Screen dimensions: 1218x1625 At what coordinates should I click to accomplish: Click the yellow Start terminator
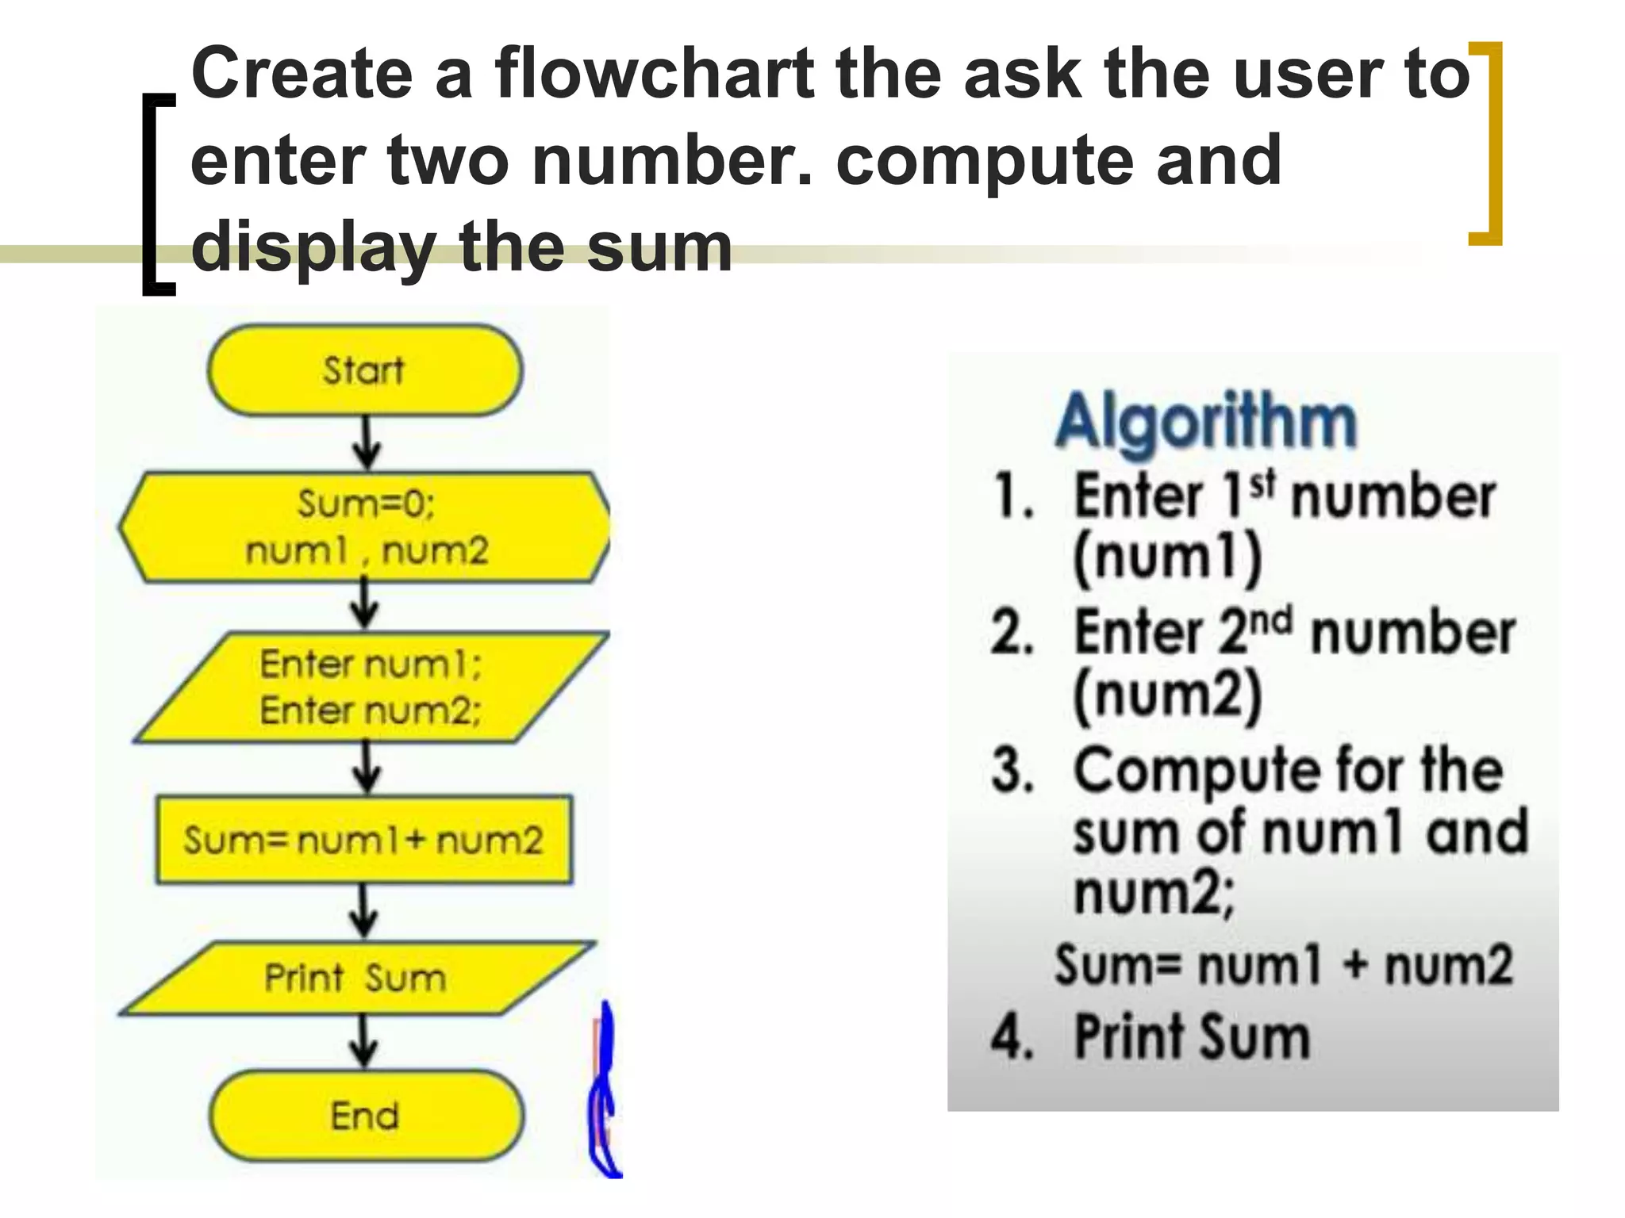click(365, 370)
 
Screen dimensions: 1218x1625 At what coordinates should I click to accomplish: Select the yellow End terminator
click(366, 1116)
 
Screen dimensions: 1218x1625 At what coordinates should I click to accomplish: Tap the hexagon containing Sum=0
click(365, 527)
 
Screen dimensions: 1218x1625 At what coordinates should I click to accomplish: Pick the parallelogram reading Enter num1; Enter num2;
click(370, 687)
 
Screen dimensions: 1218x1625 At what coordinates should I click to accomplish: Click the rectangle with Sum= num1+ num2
click(364, 840)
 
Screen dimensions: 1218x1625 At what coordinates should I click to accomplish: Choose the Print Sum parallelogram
click(356, 978)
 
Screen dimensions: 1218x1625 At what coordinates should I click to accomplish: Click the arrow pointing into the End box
click(364, 1041)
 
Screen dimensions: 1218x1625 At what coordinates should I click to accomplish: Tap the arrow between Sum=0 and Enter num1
click(365, 604)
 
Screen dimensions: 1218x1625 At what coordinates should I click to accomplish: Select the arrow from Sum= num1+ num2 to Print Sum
click(364, 910)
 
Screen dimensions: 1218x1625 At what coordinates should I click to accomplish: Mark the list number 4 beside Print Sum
click(1012, 1036)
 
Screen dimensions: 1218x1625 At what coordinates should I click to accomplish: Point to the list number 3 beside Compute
click(1013, 769)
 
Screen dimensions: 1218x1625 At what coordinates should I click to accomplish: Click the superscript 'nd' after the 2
click(1272, 619)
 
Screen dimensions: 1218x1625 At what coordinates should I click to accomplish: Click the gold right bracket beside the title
click(1489, 143)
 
